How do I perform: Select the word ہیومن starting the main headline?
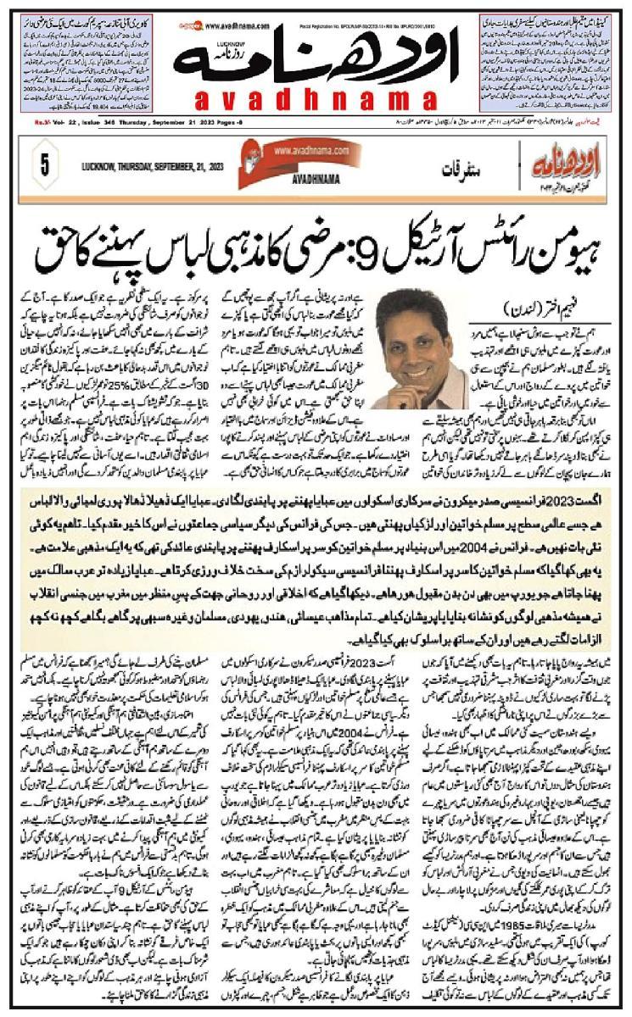(556, 253)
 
